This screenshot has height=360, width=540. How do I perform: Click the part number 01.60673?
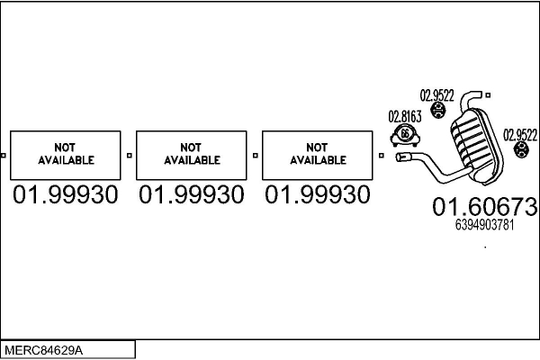click(484, 207)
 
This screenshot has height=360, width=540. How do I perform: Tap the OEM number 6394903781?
click(484, 226)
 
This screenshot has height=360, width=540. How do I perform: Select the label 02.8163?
click(404, 116)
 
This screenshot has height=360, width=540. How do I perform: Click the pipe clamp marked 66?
click(405, 136)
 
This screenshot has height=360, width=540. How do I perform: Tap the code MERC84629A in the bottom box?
click(50, 349)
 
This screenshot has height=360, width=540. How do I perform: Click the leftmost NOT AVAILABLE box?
click(65, 155)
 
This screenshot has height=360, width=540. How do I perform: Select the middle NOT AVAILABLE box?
click(191, 155)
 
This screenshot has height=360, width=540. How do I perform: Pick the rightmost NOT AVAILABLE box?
click(317, 155)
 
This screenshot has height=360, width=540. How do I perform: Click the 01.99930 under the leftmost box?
click(65, 194)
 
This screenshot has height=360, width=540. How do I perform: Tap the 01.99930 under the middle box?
click(191, 194)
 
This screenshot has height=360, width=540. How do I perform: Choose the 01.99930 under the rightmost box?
click(317, 194)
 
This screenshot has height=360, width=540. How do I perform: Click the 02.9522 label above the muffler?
click(437, 94)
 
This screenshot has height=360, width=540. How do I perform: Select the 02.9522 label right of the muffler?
click(520, 135)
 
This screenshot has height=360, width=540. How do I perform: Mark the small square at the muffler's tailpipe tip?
click(488, 94)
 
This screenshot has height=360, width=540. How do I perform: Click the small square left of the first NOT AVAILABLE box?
click(4, 155)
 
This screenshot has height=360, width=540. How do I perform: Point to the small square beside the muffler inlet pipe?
click(382, 155)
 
